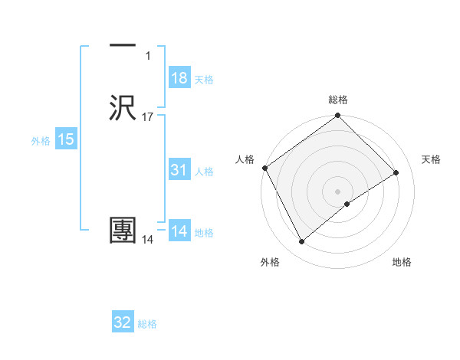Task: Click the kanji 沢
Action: pyautogui.click(x=123, y=108)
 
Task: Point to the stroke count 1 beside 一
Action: pyautogui.click(x=148, y=56)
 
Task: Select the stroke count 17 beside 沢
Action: pyautogui.click(x=148, y=117)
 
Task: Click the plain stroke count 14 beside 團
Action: pyautogui.click(x=148, y=240)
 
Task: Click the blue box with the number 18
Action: pyautogui.click(x=179, y=78)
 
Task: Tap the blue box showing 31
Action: pyautogui.click(x=179, y=170)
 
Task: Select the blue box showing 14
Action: pyautogui.click(x=179, y=231)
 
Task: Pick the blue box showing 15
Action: pyautogui.click(x=66, y=139)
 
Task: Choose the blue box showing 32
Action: pyautogui.click(x=123, y=322)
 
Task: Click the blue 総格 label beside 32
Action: pyautogui.click(x=147, y=324)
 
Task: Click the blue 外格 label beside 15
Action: pyautogui.click(x=41, y=141)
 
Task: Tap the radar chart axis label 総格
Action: pyautogui.click(x=338, y=100)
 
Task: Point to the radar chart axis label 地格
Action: pyautogui.click(x=402, y=263)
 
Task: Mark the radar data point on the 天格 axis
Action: pyautogui.click(x=396, y=173)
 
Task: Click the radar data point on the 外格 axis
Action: pyautogui.click(x=301, y=242)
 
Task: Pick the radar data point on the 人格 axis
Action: pyautogui.click(x=264, y=168)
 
